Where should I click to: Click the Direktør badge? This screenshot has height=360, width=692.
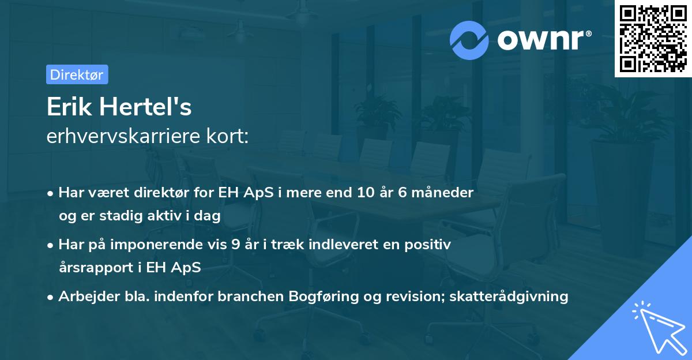pyautogui.click(x=77, y=74)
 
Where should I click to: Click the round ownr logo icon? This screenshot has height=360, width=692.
pyautogui.click(x=469, y=39)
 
